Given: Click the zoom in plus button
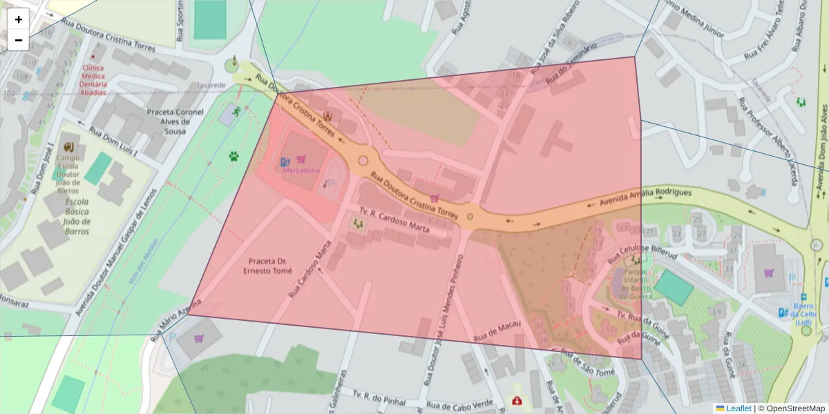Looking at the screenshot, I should click(x=18, y=19).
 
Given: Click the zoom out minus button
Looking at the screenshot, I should click(x=18, y=40).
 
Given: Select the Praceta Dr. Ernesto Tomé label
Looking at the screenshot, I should click(x=267, y=266).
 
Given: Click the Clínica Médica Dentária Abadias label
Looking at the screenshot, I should click(x=93, y=80).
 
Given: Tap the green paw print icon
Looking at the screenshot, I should click(x=234, y=156).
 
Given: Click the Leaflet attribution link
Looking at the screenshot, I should click(x=738, y=408).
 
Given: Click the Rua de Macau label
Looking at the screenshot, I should click(x=496, y=333).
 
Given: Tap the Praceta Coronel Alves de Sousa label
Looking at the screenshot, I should click(x=175, y=121).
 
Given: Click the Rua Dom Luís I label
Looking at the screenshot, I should click(x=114, y=141).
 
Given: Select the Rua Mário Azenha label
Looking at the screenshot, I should click(x=176, y=318).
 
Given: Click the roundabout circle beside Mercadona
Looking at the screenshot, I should click(x=363, y=161).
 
